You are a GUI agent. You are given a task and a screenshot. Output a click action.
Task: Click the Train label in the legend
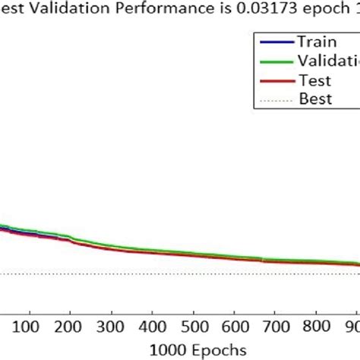pos(314,43)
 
